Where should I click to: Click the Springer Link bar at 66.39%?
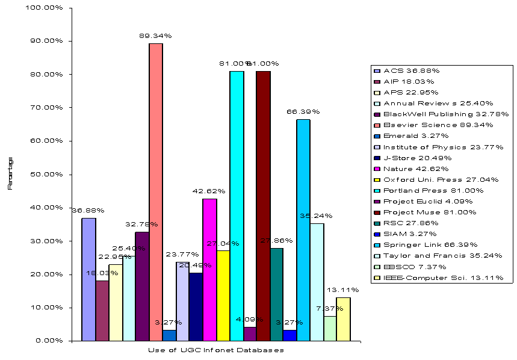[x=303, y=229]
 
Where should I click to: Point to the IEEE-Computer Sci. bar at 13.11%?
[x=344, y=318]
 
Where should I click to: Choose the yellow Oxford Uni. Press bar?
[x=223, y=295]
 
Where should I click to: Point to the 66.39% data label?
[x=303, y=112]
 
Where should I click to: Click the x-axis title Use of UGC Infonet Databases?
[x=215, y=350]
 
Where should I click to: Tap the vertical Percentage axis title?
[x=10, y=173]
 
